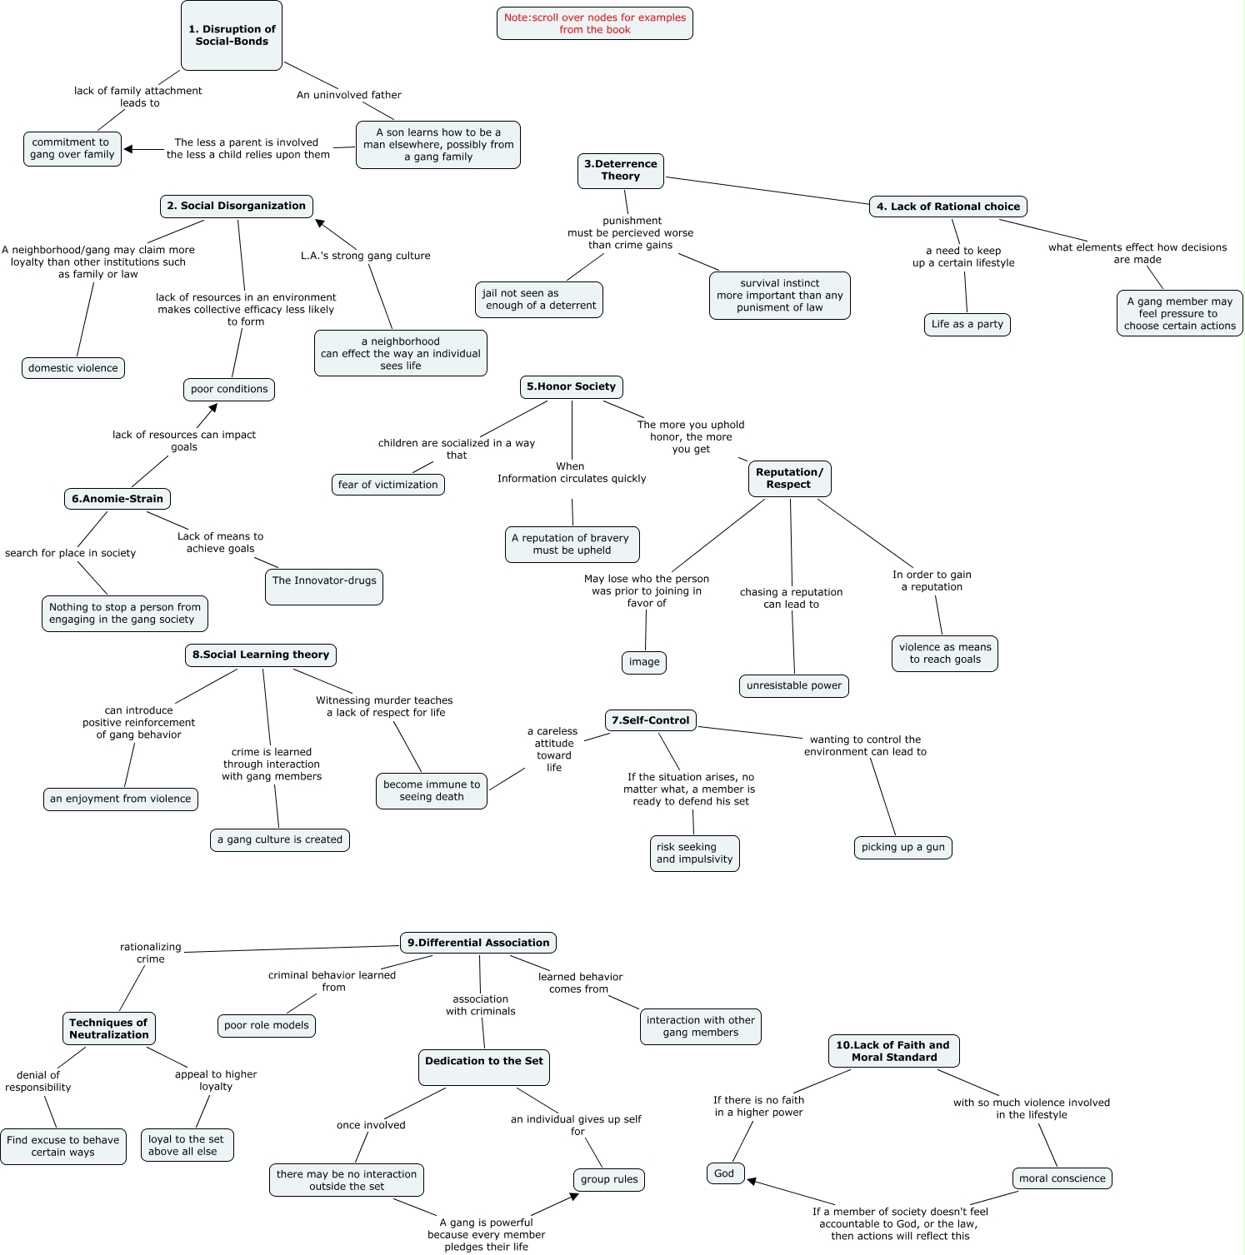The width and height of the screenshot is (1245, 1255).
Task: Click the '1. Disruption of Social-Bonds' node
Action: [232, 36]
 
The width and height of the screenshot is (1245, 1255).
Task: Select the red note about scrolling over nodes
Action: [594, 23]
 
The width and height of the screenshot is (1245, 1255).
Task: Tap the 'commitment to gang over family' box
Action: [72, 149]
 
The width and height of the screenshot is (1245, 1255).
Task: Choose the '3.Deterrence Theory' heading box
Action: [621, 171]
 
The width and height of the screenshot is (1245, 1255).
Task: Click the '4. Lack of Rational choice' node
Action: [948, 207]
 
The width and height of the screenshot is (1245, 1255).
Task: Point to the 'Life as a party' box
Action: [967, 325]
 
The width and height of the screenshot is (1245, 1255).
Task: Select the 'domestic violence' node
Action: [73, 368]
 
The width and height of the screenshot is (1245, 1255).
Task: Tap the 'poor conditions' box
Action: [229, 390]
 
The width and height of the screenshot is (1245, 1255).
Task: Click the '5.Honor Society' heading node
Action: [572, 386]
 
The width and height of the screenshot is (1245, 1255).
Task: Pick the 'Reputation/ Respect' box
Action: [789, 479]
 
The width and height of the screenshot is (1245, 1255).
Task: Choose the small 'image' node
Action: [644, 662]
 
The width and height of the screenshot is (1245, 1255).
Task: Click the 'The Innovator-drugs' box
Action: [324, 586]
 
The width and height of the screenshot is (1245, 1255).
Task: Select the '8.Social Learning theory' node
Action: [261, 655]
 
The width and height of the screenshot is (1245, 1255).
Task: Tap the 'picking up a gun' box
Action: [902, 848]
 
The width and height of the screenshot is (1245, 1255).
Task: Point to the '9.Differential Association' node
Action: [478, 943]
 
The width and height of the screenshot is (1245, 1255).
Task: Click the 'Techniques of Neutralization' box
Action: [108, 1028]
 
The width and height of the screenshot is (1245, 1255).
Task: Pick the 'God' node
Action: [724, 1173]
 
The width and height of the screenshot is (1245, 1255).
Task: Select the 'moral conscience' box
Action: [1062, 1178]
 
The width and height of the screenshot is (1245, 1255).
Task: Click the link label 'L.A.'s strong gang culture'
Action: [366, 256]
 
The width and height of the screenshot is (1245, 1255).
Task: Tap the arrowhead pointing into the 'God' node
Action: [752, 1181]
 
